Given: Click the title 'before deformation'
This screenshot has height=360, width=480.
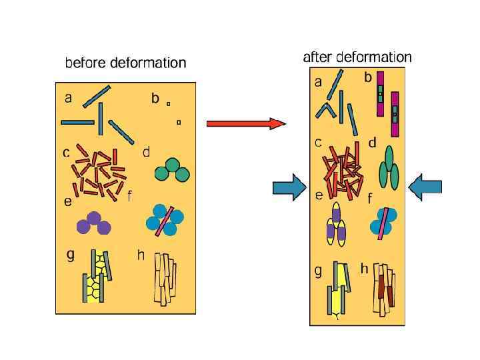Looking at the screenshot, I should pos(125,63).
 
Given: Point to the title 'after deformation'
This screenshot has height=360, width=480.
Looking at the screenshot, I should pos(357,57).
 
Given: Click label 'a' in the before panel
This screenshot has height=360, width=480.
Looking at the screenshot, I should pos(69,98).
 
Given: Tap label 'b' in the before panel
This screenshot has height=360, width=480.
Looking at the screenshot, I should pos(155,98).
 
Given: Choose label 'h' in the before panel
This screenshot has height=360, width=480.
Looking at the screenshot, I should pos(141,255).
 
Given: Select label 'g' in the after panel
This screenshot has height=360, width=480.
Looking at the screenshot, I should pos(319,271).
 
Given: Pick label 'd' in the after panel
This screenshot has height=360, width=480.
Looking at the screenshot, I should pos(372,143).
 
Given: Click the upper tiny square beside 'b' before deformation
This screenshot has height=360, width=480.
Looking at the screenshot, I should pos(168,103).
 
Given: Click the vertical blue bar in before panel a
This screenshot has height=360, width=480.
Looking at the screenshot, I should pos(100,119).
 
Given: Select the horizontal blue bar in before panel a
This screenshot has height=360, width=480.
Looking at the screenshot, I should pos(78,123).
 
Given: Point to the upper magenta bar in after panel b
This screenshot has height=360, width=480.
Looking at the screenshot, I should pos(380,93).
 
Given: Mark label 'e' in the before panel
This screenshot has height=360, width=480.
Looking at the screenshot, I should pos(67,201).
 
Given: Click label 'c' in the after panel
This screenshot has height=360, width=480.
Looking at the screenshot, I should pos(319,143).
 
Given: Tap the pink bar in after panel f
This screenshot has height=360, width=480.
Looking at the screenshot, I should pos(382,223).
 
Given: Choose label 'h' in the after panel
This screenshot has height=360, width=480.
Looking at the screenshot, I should pos(364,269).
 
